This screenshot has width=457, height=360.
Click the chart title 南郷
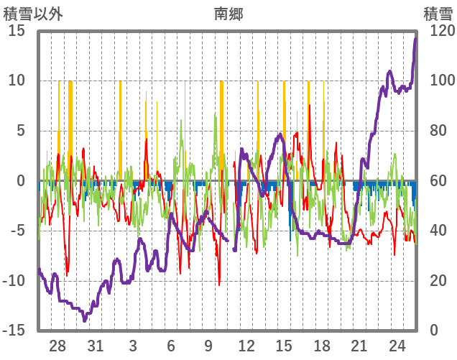coord(228,12)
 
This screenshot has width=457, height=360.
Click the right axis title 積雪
coord(437,12)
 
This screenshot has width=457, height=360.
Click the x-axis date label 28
coord(57,346)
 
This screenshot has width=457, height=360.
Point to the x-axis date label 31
coord(96,346)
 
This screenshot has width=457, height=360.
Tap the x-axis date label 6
coord(171,346)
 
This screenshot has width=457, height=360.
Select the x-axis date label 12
coord(246,346)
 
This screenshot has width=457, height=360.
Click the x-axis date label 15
coord(284,346)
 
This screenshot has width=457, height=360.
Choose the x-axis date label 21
coord(359,346)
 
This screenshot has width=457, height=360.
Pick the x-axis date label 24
coord(397,346)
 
